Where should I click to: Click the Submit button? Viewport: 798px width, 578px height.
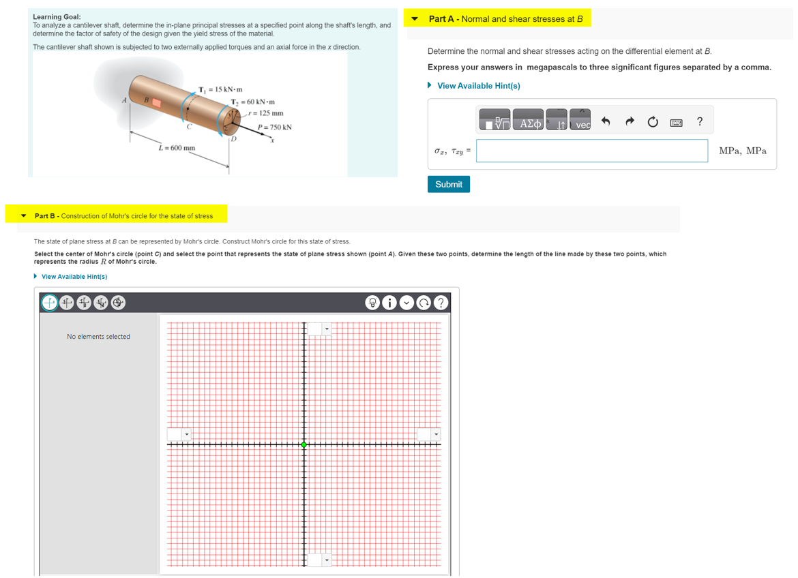(x=448, y=184)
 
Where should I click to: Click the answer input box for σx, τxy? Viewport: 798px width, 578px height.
(x=591, y=151)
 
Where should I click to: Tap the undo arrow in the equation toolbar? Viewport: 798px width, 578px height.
(x=605, y=122)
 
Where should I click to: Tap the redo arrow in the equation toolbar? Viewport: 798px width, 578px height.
(x=630, y=122)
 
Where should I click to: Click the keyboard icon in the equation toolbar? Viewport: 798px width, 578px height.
(x=676, y=123)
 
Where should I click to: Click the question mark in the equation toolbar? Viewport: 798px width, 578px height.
(x=699, y=122)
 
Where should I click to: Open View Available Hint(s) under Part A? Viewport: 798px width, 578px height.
(x=478, y=86)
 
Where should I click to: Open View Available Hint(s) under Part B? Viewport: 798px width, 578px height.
(x=74, y=277)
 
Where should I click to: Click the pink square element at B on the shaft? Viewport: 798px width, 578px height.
(x=156, y=103)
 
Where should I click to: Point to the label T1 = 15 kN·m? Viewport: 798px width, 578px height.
(x=220, y=89)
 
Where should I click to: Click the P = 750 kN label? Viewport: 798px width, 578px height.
(x=275, y=127)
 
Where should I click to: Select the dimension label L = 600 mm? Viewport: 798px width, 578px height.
(x=177, y=147)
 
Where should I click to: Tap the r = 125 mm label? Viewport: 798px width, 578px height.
(x=267, y=113)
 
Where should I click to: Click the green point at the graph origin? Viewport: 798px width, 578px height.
(x=304, y=444)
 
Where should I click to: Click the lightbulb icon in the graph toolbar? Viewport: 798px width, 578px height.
(x=372, y=303)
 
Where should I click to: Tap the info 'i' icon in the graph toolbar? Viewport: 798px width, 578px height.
(x=389, y=303)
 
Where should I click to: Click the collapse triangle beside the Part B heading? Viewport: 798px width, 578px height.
(x=24, y=216)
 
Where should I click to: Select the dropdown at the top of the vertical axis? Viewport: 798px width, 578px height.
(x=319, y=329)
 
